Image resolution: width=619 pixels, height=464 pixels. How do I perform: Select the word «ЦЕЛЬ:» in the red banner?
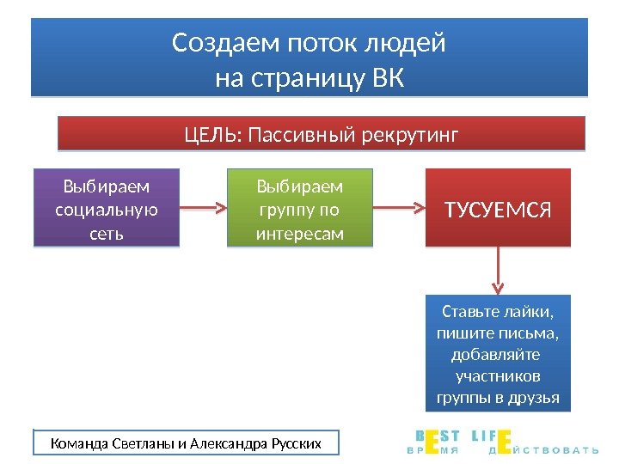(x=212, y=136)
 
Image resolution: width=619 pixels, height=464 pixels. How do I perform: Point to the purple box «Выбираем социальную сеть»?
(x=106, y=208)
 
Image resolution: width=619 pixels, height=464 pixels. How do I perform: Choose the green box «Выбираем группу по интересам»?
(x=299, y=208)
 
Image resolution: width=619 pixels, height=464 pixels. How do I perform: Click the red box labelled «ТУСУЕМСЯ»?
(x=498, y=208)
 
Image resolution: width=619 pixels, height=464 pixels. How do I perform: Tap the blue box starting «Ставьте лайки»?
(x=498, y=353)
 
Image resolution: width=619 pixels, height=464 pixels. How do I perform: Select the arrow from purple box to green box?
(x=204, y=208)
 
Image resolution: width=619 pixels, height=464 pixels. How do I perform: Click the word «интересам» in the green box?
(x=299, y=232)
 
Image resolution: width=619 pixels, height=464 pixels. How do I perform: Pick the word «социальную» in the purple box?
(x=106, y=209)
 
